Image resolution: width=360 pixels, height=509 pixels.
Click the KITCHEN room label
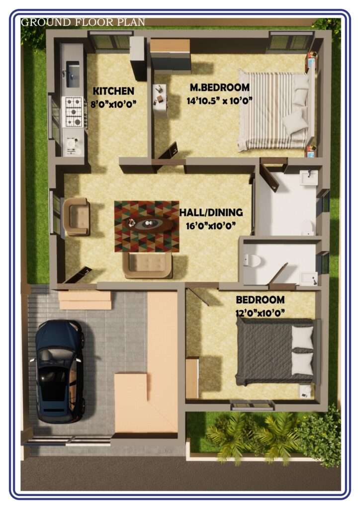[x=113, y=91]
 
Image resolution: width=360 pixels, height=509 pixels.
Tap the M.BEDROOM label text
[x=219, y=87]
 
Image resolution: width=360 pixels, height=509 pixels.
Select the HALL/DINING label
[x=211, y=212]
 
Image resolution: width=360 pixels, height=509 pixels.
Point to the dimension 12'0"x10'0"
[x=260, y=313]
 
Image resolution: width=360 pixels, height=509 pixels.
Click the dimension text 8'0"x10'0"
[x=113, y=104]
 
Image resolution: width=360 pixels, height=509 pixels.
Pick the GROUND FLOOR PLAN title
[x=83, y=22]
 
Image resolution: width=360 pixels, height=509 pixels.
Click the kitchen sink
[x=73, y=75]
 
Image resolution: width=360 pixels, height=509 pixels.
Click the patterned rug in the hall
[x=147, y=226]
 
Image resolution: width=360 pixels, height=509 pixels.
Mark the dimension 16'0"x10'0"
[x=211, y=226]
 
